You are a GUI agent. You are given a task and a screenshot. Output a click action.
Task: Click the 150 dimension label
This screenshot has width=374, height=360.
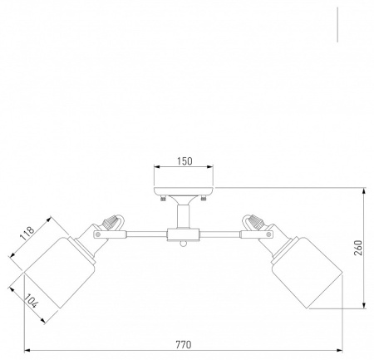coord(185,161)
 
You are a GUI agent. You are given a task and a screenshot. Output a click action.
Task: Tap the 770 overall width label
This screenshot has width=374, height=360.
coord(184,344)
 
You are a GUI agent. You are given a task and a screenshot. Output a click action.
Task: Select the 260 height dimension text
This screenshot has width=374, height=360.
coord(358,248)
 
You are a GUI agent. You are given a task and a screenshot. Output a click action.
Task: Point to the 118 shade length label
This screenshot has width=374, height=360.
coord(27,234)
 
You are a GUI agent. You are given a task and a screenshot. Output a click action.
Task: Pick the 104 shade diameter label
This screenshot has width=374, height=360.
coord(31,301)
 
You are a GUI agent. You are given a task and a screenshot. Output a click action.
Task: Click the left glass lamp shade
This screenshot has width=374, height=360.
coord(59,272)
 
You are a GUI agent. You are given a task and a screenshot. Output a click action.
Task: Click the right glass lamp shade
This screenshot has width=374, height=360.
coord(307,272)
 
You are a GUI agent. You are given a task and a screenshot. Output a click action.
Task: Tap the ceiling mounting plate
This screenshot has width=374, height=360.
coord(184,191)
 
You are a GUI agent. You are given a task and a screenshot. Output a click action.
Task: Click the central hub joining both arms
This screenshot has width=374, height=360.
coord(183,234)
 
